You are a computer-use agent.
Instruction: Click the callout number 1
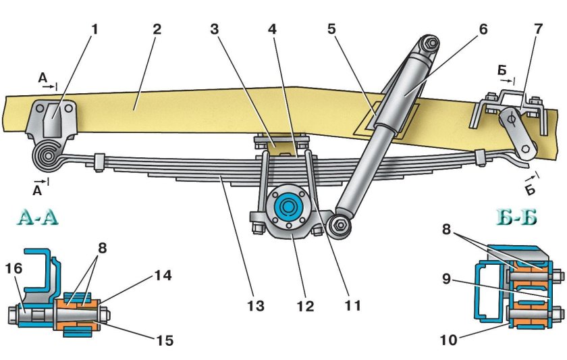pyautogui.click(x=94, y=30)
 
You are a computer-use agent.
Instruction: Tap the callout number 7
pyautogui.click(x=539, y=28)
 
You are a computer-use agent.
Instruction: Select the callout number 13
pyautogui.click(x=256, y=306)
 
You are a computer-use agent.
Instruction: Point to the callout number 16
pyautogui.click(x=13, y=268)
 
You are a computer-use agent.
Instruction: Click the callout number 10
pyautogui.click(x=449, y=340)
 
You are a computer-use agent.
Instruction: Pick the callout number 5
pyautogui.click(x=332, y=28)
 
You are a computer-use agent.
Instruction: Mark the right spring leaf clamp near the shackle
pyautogui.click(x=480, y=157)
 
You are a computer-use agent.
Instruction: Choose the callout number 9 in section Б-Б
pyautogui.click(x=447, y=280)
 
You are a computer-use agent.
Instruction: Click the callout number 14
pyautogui.click(x=163, y=276)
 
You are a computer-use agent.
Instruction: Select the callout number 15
pyautogui.click(x=165, y=340)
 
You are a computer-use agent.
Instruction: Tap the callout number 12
pyautogui.click(x=306, y=306)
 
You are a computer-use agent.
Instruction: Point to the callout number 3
pyautogui.click(x=215, y=29)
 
